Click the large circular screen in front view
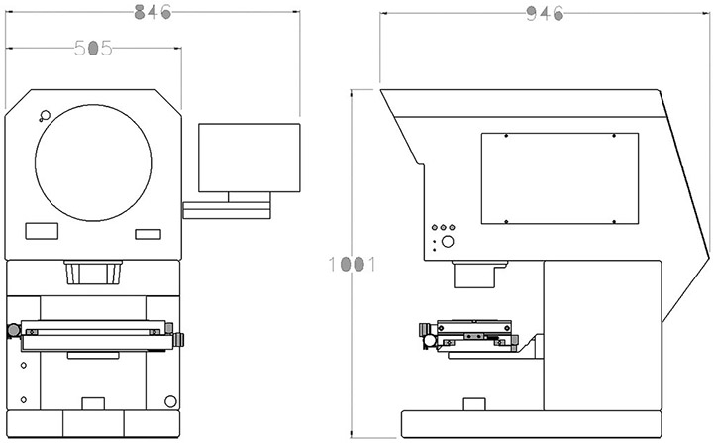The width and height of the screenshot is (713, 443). [93, 160]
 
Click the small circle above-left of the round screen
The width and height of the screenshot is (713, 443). [43, 115]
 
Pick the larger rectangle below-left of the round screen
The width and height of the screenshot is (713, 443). [42, 231]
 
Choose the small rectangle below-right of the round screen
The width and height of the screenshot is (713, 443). [148, 233]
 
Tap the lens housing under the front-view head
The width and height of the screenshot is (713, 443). [93, 272]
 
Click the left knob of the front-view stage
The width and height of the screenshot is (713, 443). [11, 330]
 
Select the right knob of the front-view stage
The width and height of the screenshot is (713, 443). [179, 339]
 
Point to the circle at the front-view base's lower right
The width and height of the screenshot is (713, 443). [170, 401]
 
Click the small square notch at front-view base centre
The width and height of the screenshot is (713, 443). [92, 402]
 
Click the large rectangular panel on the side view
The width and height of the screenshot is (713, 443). [559, 179]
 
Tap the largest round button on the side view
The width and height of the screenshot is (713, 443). [447, 242]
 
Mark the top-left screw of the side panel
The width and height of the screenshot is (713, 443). [505, 137]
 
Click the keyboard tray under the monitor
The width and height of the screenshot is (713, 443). [227, 208]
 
